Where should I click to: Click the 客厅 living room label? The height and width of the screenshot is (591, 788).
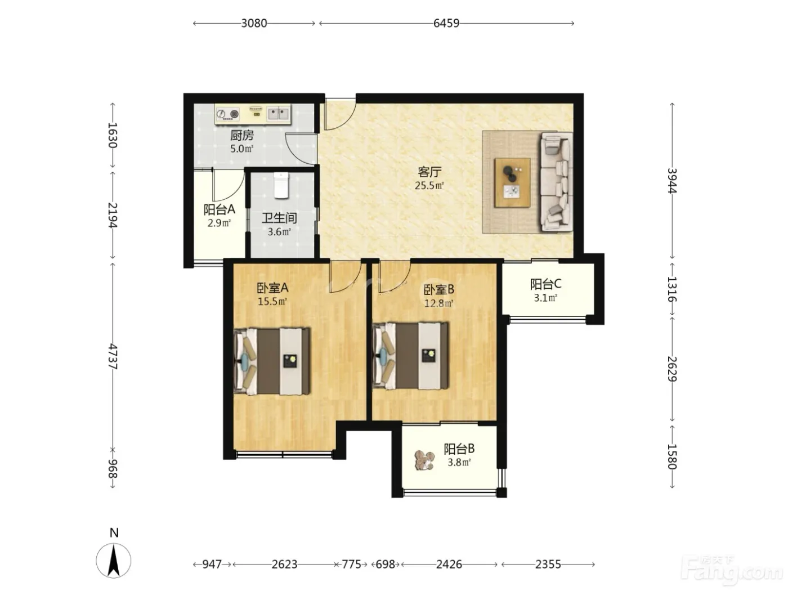pos(429,172)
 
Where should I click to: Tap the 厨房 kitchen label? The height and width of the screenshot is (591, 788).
pos(241,135)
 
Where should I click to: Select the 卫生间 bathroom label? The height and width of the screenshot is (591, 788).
pos(279,218)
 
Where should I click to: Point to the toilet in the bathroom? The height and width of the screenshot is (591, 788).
pos(281,185)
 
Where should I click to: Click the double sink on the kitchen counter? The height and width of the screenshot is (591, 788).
pos(278,114)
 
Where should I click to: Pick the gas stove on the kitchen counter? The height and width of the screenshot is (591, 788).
pos(228,114)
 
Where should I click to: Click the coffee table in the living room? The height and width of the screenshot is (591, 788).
pos(512,182)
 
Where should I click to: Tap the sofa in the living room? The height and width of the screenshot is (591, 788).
pos(556,182)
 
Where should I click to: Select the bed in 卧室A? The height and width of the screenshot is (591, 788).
pos(272,361)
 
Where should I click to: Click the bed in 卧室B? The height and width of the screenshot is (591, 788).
pos(410,356)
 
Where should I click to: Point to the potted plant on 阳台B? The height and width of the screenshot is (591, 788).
pos(425,460)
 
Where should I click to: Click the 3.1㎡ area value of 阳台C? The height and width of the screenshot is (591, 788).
pos(545,298)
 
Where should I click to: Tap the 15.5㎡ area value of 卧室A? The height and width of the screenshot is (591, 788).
pos(272,302)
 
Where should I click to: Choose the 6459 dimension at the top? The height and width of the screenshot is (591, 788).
pos(446,23)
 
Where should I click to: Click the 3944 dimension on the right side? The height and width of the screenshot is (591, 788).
pos(672,181)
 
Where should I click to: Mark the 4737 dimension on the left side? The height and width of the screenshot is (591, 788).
pos(113,356)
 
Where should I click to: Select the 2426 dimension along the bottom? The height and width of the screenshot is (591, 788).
pos(449,565)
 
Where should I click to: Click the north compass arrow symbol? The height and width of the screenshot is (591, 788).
pos(114,561)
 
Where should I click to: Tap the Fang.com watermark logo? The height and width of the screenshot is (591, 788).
pos(732,571)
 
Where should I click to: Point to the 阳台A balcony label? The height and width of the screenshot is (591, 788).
pos(219,209)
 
